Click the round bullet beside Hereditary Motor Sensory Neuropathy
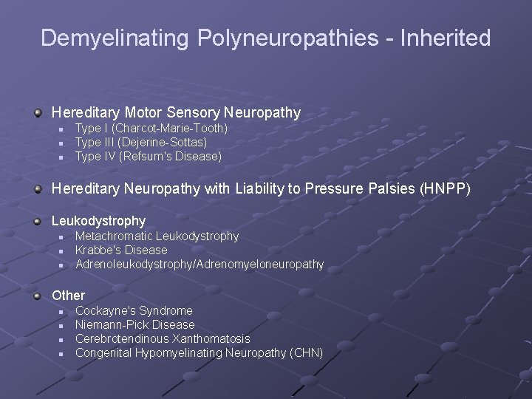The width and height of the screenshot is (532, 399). pyautogui.click(x=38, y=112)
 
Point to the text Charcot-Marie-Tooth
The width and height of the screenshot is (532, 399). pyautogui.click(x=169, y=129)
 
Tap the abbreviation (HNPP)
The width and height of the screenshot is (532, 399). pyautogui.click(x=443, y=188)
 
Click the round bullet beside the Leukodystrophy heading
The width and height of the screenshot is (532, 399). pyautogui.click(x=38, y=220)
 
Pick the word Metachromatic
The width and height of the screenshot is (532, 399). pyautogui.click(x=114, y=236)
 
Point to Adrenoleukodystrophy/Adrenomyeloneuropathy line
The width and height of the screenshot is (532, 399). pyautogui.click(x=199, y=264)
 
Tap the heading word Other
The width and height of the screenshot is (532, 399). pyautogui.click(x=68, y=295)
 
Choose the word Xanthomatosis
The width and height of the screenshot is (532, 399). pyautogui.click(x=211, y=338)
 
